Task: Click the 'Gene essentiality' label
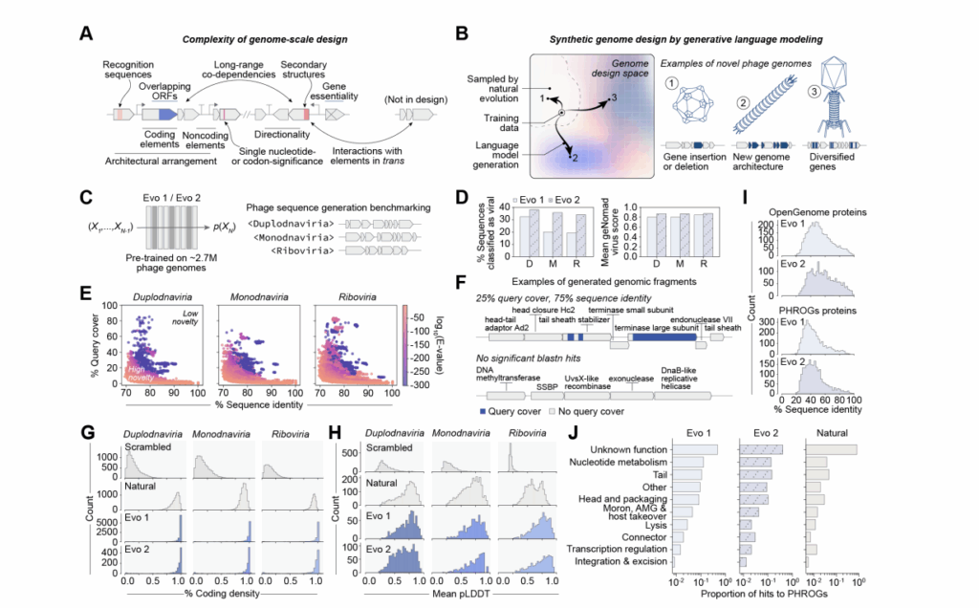337,92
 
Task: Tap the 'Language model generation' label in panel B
489,153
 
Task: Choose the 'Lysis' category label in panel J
656,525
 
